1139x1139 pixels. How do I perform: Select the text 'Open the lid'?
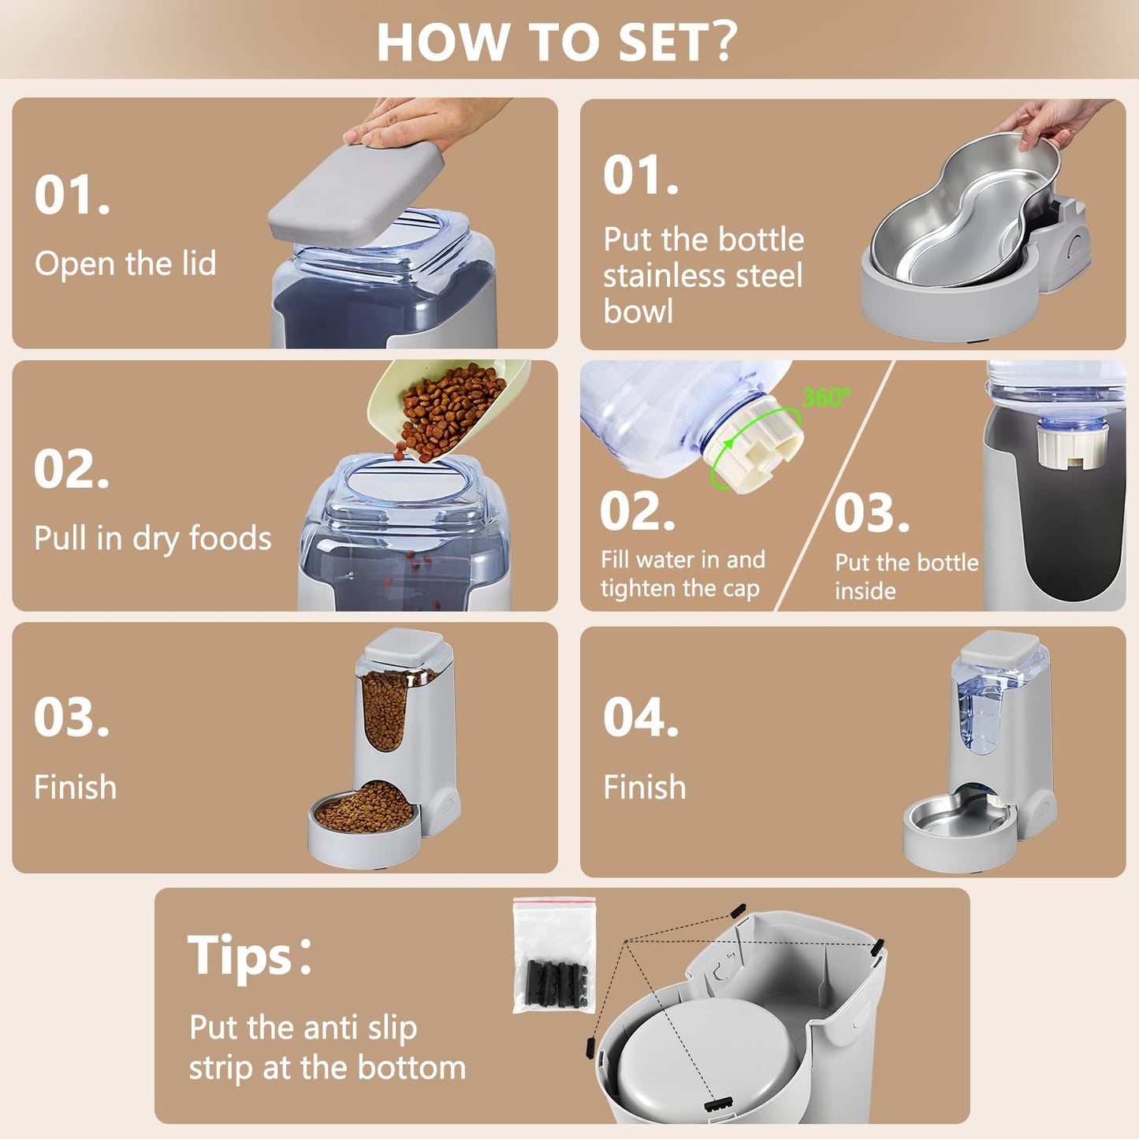(125, 263)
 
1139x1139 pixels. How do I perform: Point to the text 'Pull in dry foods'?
(152, 538)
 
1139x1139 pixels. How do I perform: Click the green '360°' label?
(825, 396)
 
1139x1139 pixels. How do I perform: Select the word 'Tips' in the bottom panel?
(240, 955)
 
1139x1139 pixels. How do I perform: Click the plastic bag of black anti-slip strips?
(553, 955)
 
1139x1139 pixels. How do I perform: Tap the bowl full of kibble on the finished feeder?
(363, 811)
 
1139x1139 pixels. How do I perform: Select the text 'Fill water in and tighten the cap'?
(682, 574)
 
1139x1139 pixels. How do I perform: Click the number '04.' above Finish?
(640, 718)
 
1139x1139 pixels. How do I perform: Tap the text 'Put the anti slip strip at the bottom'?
(326, 1048)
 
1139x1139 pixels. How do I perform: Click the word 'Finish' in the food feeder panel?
(75, 787)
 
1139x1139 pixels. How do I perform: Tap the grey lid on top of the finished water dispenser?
(999, 646)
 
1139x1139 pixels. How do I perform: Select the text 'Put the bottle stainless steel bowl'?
(702, 275)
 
